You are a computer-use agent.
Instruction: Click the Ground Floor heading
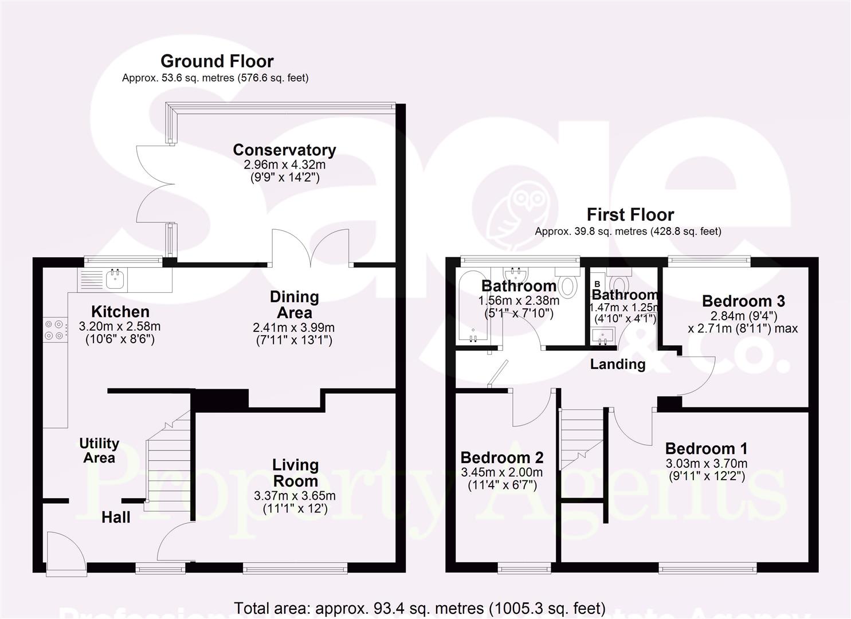[217, 61]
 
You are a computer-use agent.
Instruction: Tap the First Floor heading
[630, 214]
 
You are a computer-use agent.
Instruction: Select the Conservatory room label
[284, 150]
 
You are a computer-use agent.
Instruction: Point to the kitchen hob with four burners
[54, 330]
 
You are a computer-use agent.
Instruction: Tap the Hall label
[116, 518]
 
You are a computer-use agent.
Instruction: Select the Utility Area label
[99, 450]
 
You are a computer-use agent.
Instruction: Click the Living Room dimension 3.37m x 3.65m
[295, 496]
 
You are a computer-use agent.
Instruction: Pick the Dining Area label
[294, 304]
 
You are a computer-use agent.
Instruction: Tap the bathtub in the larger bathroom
[472, 309]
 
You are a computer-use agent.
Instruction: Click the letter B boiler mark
[597, 284]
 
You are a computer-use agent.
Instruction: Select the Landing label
[618, 364]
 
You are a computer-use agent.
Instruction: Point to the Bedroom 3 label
[743, 301]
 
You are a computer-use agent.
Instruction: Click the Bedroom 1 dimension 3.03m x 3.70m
[706, 464]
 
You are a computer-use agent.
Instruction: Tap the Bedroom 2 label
[501, 457]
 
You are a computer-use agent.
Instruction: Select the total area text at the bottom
[419, 608]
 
